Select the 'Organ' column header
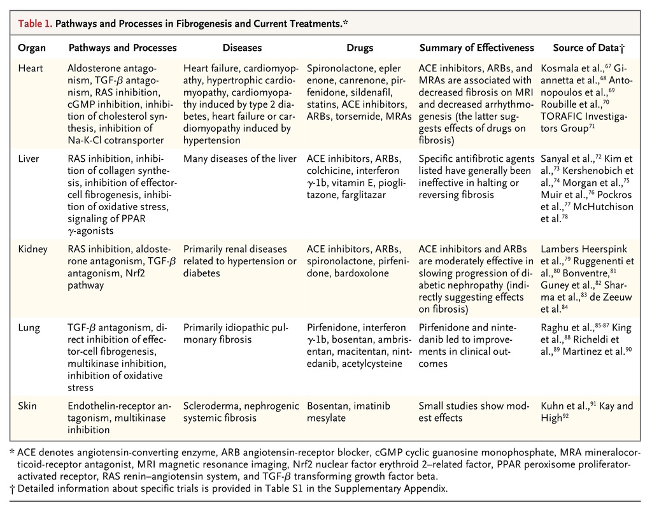point(31,48)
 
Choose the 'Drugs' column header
point(360,48)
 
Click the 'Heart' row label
point(31,68)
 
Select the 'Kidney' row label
point(32,249)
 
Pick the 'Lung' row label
point(29,327)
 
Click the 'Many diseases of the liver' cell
point(239,159)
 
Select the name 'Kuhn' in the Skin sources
point(553,406)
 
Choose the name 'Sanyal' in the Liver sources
point(556,159)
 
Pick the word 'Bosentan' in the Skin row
point(327,406)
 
